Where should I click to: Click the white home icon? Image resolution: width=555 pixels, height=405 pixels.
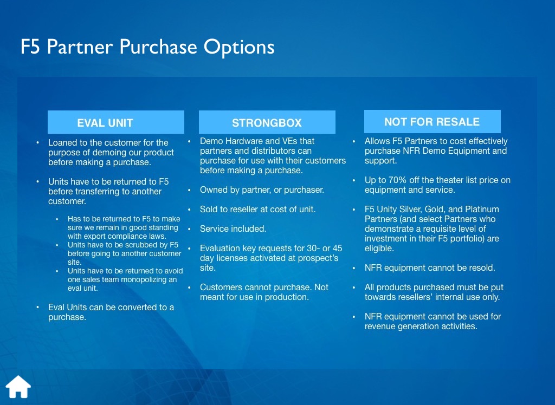18,387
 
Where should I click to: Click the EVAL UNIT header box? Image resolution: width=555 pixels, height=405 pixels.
116,122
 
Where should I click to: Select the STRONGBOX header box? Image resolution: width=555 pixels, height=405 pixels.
267,122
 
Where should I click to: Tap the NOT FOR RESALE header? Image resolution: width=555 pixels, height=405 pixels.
432,121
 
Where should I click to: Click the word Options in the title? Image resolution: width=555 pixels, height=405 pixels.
239,47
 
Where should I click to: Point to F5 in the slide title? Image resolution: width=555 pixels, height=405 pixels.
30,47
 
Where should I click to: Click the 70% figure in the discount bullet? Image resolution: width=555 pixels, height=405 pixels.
397,180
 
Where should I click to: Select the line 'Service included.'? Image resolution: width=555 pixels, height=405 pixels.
233,229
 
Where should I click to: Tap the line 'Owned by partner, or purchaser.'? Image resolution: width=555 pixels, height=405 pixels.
262,190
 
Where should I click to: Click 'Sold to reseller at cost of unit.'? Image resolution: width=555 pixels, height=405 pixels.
257,210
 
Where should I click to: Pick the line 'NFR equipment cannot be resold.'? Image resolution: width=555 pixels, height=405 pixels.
430,268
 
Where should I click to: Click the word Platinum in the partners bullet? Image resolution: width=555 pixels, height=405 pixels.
482,210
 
